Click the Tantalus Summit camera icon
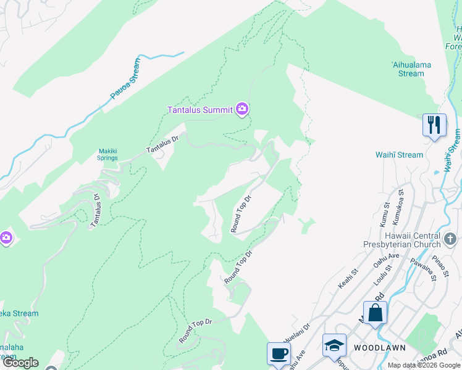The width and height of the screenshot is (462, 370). tap(242, 110)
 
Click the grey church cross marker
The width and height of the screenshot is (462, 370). tap(450, 238)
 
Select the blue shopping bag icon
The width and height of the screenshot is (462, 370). tap(375, 313)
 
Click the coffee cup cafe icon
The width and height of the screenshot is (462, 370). tap(279, 354)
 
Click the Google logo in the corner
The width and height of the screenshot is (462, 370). tap(20, 363)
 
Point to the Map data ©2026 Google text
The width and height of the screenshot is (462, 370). tap(424, 365)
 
